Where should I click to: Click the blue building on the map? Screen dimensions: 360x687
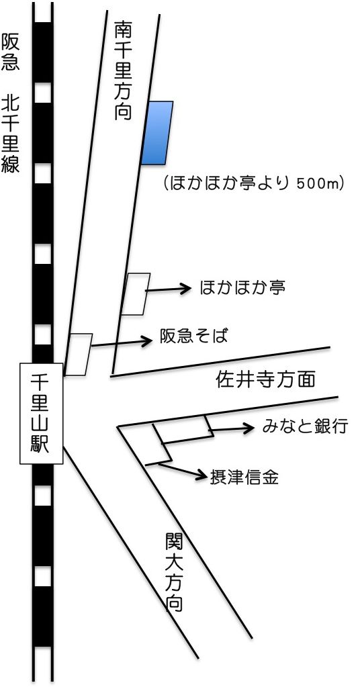coord(157,133)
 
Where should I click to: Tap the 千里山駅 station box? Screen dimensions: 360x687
coord(42,413)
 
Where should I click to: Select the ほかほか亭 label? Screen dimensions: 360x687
coord(242,288)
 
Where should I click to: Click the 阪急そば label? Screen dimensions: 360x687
coord(194,337)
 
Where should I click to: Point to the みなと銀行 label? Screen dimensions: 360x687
coord(305,426)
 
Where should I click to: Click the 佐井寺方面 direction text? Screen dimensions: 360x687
coord(266,379)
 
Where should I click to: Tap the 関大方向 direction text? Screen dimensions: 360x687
coord(174,571)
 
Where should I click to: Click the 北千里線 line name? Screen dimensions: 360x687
coord(10,134)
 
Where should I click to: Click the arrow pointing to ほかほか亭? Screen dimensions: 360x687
coord(169,289)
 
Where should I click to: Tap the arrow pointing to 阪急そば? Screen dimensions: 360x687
coord(122,343)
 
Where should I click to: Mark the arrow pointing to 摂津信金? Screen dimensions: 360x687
coord(182,471)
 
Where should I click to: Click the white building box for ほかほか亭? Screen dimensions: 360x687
coord(135,294)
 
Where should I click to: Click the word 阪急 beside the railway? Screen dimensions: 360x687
coord(10,52)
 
